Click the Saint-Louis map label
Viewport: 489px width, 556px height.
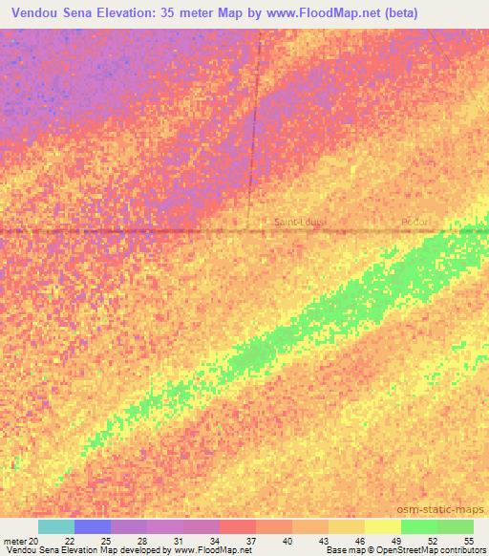coord(300,223)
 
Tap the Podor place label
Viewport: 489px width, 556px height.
coord(415,223)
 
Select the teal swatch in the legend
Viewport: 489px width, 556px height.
coord(56,526)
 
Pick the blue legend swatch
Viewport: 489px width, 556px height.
coord(93,526)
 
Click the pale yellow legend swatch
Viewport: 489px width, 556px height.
coord(382,526)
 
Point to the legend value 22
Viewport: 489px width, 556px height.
coord(69,540)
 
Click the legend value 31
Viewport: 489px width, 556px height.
coord(177,540)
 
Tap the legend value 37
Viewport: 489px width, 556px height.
coord(250,540)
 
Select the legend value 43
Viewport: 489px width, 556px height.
coord(322,540)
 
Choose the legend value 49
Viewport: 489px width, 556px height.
coord(394,540)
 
